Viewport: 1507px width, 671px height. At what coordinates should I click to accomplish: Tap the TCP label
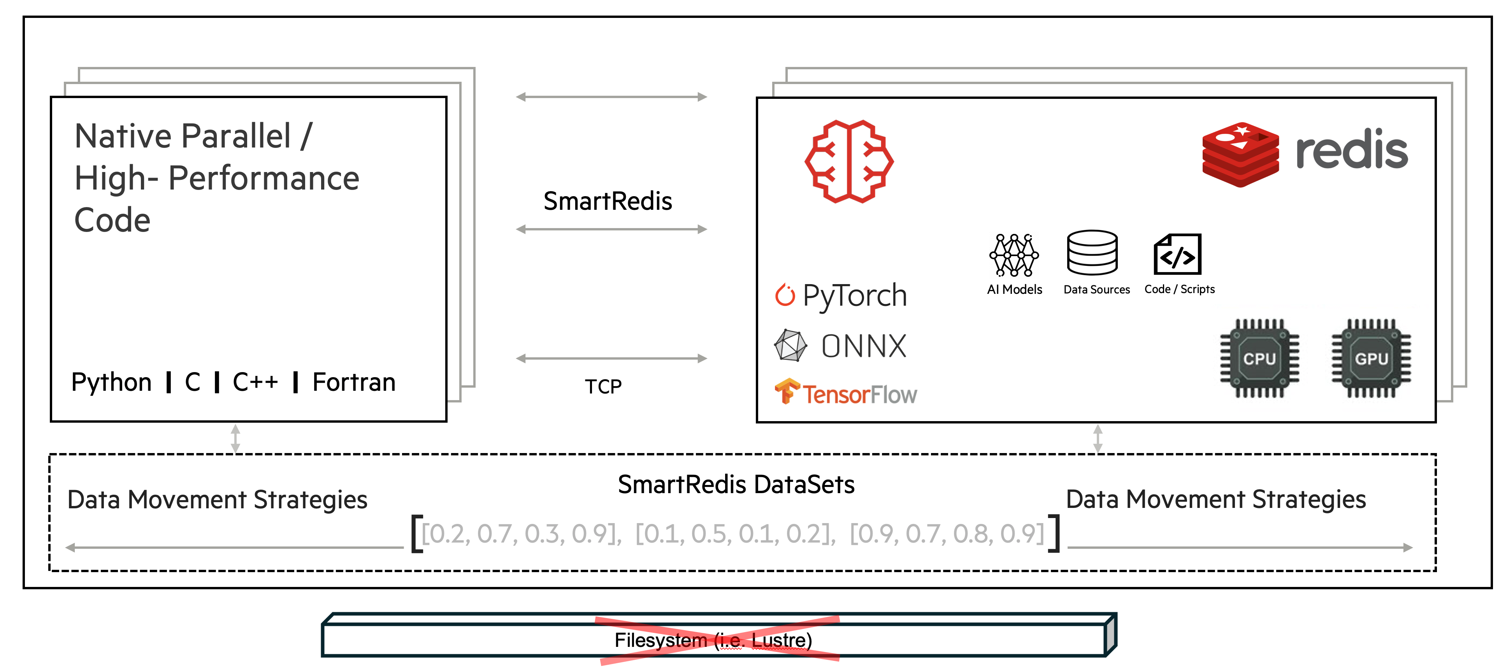(603, 387)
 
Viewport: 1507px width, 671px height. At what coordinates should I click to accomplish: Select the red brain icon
(849, 162)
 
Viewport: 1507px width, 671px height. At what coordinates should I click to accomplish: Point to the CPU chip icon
(1259, 358)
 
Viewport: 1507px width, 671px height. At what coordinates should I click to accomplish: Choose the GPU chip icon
(1371, 358)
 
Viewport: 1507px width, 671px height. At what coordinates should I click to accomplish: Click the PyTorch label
(854, 295)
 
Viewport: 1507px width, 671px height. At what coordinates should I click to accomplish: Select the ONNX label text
(864, 346)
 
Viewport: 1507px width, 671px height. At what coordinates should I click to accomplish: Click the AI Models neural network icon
(1014, 255)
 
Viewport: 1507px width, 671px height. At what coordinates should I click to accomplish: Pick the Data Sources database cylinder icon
(1092, 253)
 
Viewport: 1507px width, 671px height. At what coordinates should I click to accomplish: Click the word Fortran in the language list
(354, 383)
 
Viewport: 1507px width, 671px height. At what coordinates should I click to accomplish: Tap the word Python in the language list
(111, 383)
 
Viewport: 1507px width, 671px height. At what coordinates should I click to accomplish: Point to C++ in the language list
(255, 383)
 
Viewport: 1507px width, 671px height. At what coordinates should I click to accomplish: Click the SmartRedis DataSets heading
(736, 485)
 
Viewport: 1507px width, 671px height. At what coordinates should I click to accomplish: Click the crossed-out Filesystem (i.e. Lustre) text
(713, 640)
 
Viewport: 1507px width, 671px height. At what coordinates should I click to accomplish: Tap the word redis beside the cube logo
(1351, 150)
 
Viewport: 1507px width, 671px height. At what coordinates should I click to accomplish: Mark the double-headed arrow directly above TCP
(611, 358)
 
